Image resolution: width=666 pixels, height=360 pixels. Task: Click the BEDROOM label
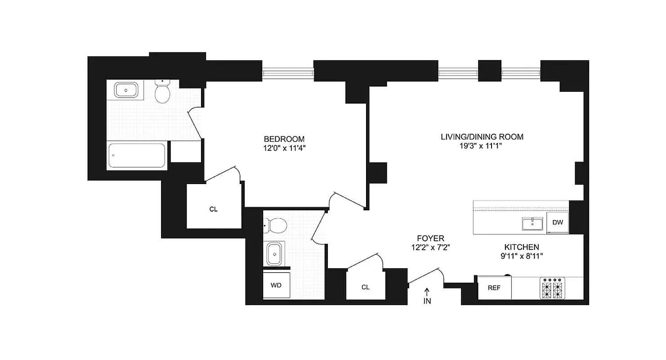click(284, 139)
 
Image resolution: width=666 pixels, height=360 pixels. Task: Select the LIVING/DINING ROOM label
click(482, 137)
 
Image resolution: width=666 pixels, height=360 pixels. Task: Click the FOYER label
click(430, 238)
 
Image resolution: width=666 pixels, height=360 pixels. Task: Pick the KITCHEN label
click(521, 247)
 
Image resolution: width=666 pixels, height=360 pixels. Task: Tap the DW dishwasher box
click(558, 222)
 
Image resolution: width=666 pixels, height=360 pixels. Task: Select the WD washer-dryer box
click(276, 285)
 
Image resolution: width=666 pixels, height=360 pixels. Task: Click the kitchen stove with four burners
click(552, 288)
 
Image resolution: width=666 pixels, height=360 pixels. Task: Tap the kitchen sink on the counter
click(532, 223)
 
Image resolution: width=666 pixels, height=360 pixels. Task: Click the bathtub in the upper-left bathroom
click(137, 156)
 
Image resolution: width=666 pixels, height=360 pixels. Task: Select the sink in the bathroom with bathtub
click(126, 90)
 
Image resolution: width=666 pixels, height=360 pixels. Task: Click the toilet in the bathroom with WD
click(276, 225)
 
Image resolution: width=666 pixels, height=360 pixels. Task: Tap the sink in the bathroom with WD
click(273, 254)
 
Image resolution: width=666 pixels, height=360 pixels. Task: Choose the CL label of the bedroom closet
click(214, 209)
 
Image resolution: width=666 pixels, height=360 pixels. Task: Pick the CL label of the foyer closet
click(365, 287)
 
